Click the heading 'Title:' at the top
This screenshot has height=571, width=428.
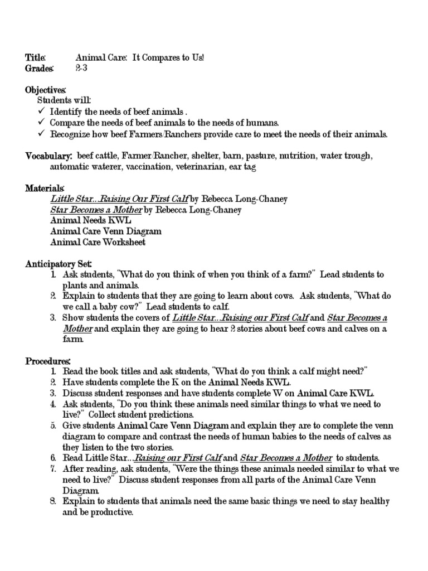pyautogui.click(x=35, y=58)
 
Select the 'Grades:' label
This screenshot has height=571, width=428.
pyautogui.click(x=39, y=69)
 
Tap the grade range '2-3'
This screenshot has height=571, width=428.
pyautogui.click(x=81, y=69)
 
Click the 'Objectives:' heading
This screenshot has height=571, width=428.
pyautogui.click(x=46, y=90)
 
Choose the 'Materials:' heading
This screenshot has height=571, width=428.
pyautogui.click(x=45, y=188)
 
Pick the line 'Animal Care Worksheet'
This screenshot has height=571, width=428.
pyautogui.click(x=98, y=242)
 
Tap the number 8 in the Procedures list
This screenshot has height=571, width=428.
pyautogui.click(x=52, y=501)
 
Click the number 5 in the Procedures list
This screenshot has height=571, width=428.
pyautogui.click(x=52, y=425)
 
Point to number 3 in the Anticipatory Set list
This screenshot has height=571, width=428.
pyautogui.click(x=52, y=318)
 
